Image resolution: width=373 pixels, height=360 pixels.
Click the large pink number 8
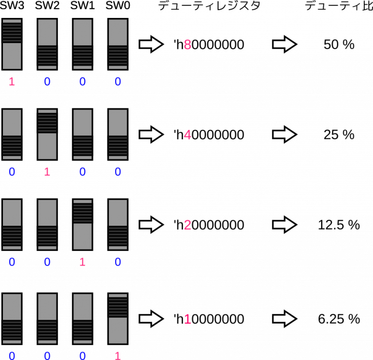tap(187, 45)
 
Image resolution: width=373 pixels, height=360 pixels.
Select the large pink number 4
tap(187, 135)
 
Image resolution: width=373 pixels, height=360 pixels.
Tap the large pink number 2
tap(187, 225)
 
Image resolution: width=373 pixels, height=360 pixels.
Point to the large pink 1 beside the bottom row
tap(187, 319)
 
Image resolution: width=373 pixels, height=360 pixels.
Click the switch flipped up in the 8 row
tap(12, 44)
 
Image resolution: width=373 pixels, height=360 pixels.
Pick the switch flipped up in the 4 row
tap(47, 134)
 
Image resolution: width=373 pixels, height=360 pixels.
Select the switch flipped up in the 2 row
tap(83, 225)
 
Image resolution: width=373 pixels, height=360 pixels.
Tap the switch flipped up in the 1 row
tap(118, 319)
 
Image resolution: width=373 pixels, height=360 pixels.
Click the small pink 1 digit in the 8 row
tap(12, 82)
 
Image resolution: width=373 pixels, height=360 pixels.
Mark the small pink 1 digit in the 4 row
tap(47, 172)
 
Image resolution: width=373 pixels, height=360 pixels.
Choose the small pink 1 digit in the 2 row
tap(83, 262)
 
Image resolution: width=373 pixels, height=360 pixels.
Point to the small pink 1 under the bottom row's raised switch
tap(118, 356)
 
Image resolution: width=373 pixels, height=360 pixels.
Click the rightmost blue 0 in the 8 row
tap(118, 82)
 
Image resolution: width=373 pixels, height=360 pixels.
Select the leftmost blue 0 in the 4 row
tap(12, 172)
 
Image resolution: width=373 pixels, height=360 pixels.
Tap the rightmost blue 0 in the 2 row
tap(118, 262)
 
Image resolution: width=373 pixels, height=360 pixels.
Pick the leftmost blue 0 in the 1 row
tap(12, 356)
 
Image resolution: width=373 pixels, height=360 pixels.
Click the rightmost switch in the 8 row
tap(118, 44)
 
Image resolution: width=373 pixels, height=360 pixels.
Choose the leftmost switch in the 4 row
tap(12, 134)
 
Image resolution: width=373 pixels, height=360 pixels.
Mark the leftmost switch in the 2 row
tap(12, 225)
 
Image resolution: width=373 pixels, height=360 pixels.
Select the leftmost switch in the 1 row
tap(12, 319)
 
